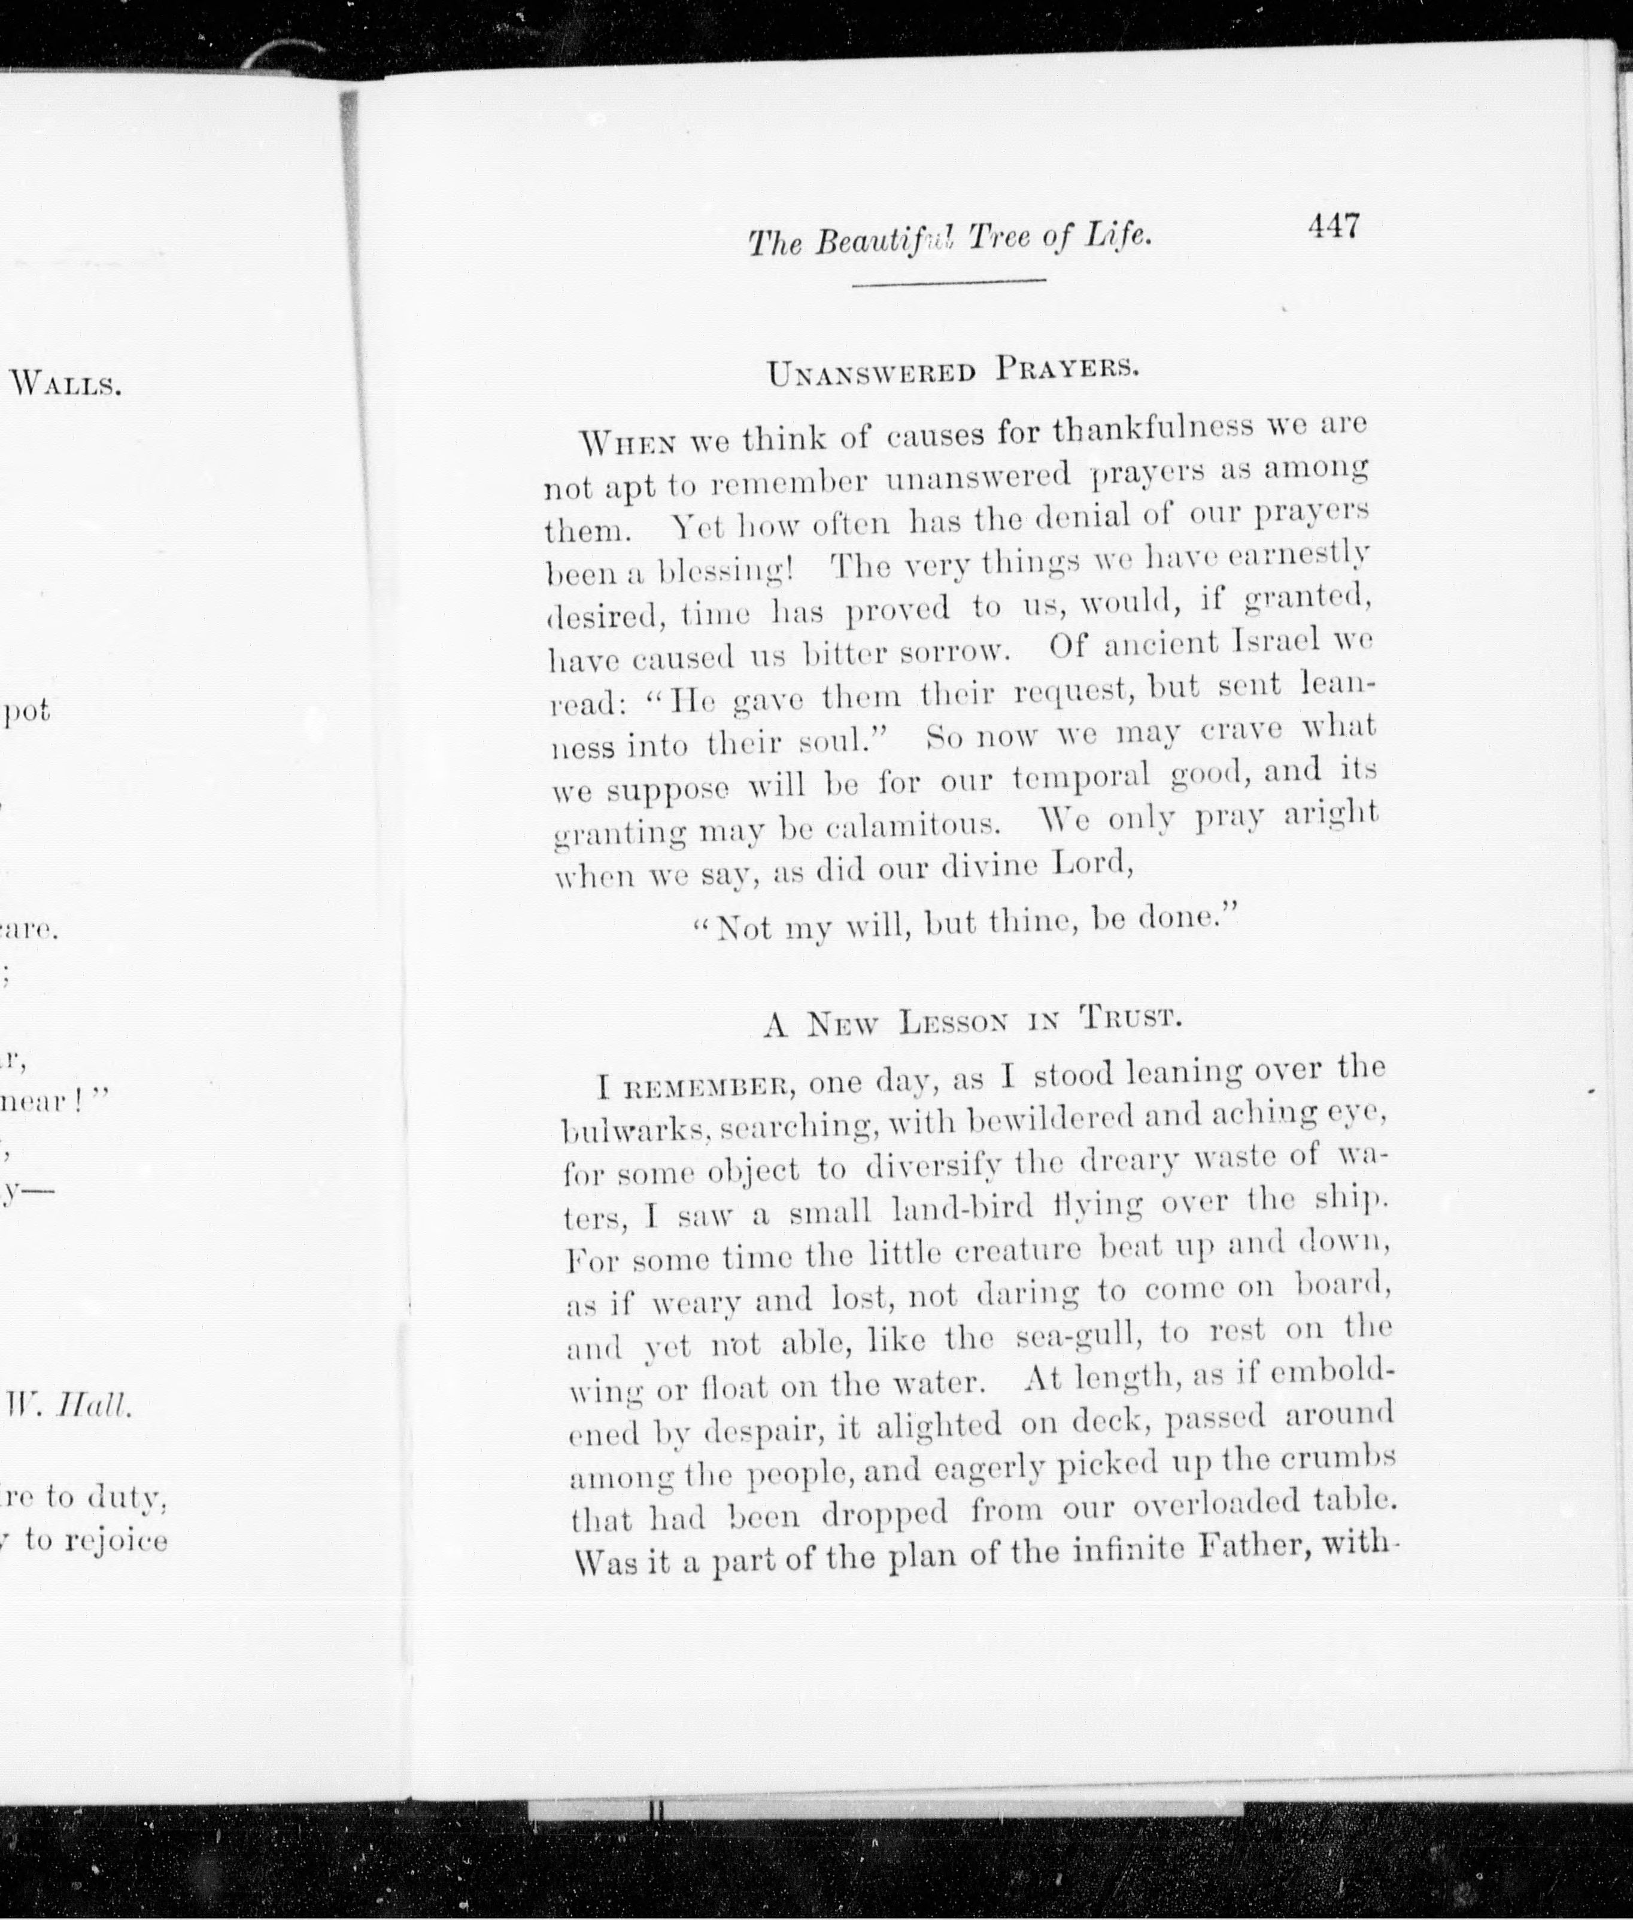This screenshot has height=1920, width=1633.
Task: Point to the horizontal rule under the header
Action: coord(948,281)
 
